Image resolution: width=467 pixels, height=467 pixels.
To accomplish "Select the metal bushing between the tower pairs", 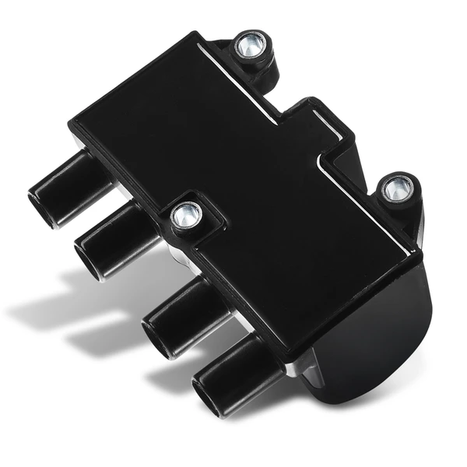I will click(x=186, y=216).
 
